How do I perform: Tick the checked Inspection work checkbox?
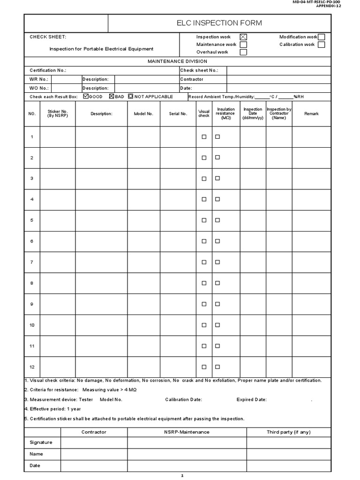(243, 37)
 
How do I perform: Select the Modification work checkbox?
(321, 37)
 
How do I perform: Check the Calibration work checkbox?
(321, 45)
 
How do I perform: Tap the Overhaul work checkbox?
(243, 52)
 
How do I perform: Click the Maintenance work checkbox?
(243, 45)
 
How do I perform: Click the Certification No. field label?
(48, 70)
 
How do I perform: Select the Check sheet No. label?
(199, 70)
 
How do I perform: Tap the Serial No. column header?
(178, 114)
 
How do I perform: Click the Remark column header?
(311, 114)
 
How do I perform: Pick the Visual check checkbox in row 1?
(204, 137)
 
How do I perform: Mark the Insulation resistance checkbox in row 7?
(217, 262)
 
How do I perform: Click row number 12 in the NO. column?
(32, 367)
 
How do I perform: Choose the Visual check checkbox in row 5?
(204, 220)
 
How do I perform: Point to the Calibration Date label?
(184, 400)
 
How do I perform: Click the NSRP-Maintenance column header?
(187, 432)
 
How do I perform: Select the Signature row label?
(41, 442)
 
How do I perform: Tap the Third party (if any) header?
(289, 432)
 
